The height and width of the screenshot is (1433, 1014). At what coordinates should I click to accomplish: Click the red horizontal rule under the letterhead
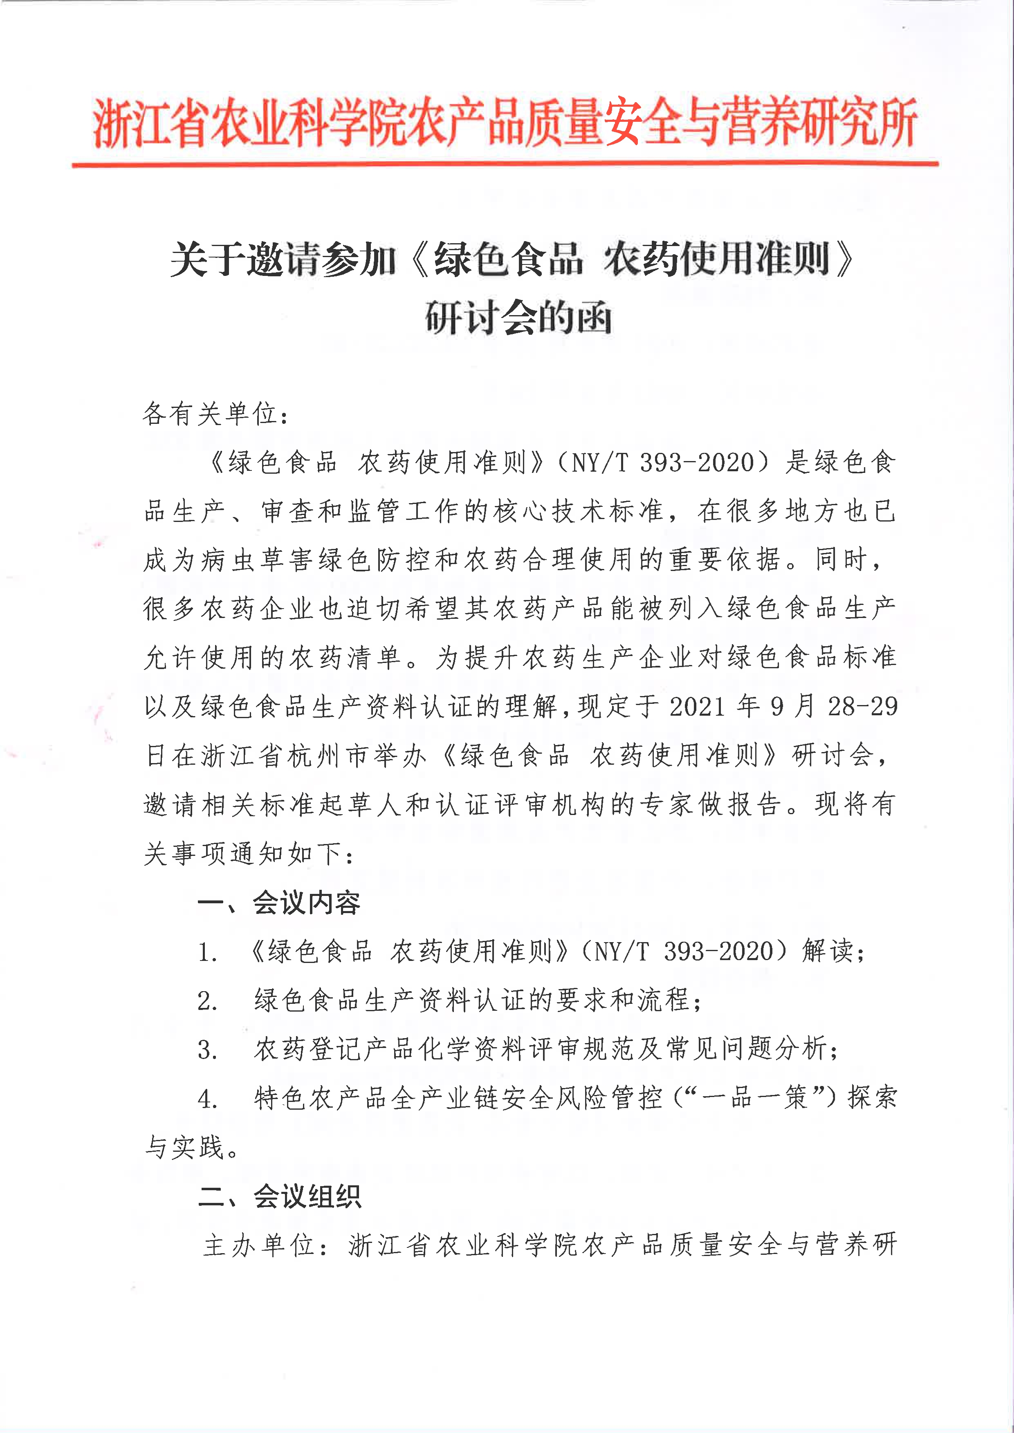pyautogui.click(x=505, y=164)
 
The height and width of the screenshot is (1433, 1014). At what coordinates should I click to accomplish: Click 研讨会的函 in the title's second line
pyautogui.click(x=518, y=317)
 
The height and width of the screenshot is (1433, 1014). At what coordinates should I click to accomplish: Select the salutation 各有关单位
pyautogui.click(x=210, y=414)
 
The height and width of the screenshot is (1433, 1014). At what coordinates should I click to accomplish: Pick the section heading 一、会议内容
pyautogui.click(x=279, y=902)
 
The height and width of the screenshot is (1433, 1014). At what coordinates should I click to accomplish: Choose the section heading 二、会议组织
pyautogui.click(x=279, y=1196)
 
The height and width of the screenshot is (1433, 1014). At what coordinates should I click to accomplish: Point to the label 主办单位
pyautogui.click(x=259, y=1245)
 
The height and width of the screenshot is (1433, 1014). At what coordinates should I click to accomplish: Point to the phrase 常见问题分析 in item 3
pyautogui.click(x=745, y=1049)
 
